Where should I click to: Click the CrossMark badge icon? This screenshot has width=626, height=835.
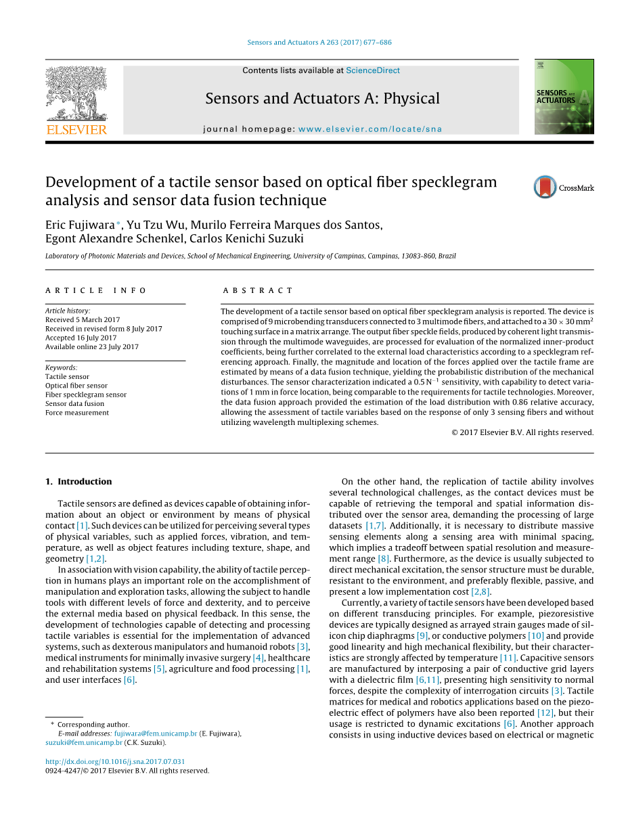pyautogui.click(x=545, y=187)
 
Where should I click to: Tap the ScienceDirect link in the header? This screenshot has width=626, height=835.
pyautogui.click(x=372, y=70)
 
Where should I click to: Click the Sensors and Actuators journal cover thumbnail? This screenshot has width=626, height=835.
pyautogui.click(x=564, y=97)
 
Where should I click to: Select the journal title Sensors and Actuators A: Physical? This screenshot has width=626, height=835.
pyautogui.click(x=322, y=99)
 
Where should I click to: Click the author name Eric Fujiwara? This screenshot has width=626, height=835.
pyautogui.click(x=81, y=225)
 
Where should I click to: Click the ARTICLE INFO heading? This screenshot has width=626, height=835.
pyautogui.click(x=96, y=290)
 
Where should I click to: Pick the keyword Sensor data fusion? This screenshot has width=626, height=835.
pyautogui.click(x=74, y=403)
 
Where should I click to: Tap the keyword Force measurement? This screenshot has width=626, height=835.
pyautogui.click(x=76, y=413)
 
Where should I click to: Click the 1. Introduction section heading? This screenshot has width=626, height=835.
pyautogui.click(x=79, y=482)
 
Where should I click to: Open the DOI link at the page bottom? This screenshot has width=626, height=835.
pyautogui.click(x=115, y=761)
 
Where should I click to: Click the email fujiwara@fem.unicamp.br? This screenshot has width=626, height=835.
pyautogui.click(x=156, y=734)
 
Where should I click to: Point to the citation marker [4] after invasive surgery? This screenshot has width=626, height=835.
pyautogui.click(x=258, y=658)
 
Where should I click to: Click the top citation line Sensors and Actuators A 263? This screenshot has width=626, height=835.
pyautogui.click(x=319, y=43)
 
